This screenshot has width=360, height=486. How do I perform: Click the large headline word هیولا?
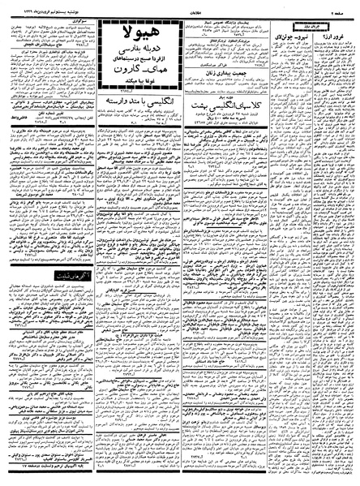137,33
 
